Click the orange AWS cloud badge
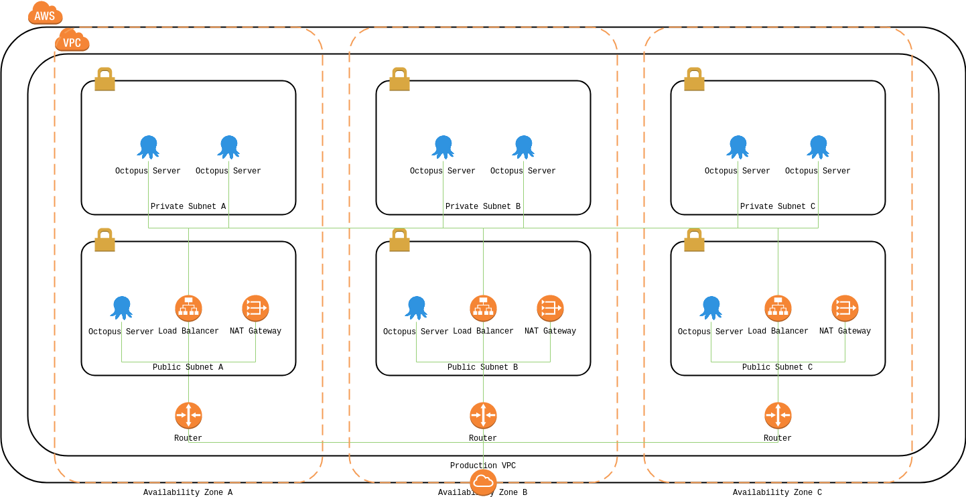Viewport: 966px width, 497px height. pyautogui.click(x=45, y=14)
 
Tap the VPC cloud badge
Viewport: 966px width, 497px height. pyautogui.click(x=72, y=42)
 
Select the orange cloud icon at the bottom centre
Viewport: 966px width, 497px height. pyautogui.click(x=483, y=482)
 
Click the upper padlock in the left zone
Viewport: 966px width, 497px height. pyautogui.click(x=105, y=79)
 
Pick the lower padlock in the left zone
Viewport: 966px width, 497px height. pyautogui.click(x=105, y=240)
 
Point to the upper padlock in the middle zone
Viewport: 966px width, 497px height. pyautogui.click(x=399, y=79)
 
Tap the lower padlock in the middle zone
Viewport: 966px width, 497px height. pyautogui.click(x=399, y=240)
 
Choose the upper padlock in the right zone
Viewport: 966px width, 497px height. pyautogui.click(x=694, y=79)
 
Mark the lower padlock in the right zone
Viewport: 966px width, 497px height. pyautogui.click(x=694, y=240)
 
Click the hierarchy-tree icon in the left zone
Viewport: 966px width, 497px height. pyautogui.click(x=188, y=308)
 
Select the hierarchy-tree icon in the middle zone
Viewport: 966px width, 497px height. pyautogui.click(x=483, y=308)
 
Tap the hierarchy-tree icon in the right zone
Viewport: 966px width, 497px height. pyautogui.click(x=778, y=308)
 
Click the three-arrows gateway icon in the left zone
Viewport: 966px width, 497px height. pyautogui.click(x=255, y=308)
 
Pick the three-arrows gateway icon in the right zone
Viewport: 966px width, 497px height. pyautogui.click(x=845, y=308)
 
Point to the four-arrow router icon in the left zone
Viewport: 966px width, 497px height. pyautogui.click(x=188, y=415)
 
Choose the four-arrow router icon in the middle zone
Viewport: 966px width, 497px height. pyautogui.click(x=483, y=415)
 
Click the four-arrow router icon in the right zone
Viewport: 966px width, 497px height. pyautogui.click(x=778, y=415)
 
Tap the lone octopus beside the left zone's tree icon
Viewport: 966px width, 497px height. pyautogui.click(x=121, y=307)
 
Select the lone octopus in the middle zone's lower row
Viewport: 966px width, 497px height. pyautogui.click(x=416, y=307)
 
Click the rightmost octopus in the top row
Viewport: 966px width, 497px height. pyautogui.click(x=818, y=147)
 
